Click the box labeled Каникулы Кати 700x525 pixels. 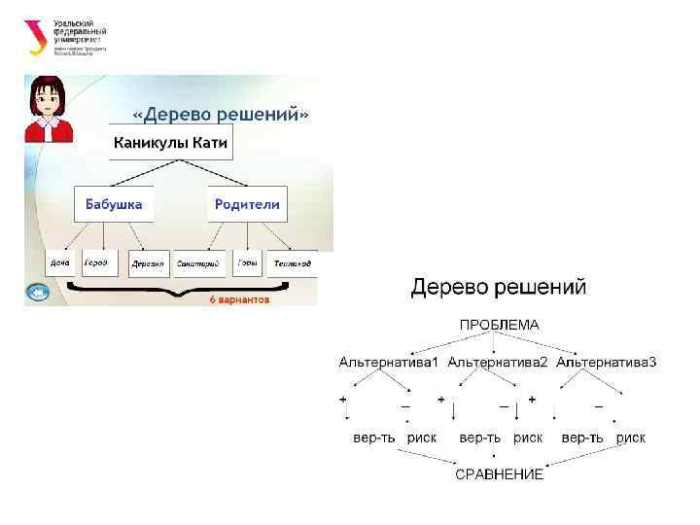coord(170,144)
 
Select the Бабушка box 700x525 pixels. coord(114,204)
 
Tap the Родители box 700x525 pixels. coord(247,204)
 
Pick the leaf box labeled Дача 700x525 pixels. coord(59,263)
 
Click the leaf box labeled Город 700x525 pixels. coord(96,263)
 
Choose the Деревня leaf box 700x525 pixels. coord(148,263)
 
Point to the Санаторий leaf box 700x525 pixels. coord(198,263)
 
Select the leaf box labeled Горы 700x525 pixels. coord(247,263)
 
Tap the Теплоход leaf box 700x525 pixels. coord(292,263)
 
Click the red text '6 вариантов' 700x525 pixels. coord(239,300)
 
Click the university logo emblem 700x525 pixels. coord(36,37)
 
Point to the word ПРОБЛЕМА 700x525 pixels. coord(499,325)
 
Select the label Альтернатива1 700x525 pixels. coord(389,363)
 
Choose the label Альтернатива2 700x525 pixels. coord(498,363)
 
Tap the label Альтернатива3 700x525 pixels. coord(607,363)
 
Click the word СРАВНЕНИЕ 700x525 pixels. coord(499,474)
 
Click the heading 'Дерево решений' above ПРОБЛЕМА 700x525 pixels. coord(499,288)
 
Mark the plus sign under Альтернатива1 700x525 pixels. coord(343,400)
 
